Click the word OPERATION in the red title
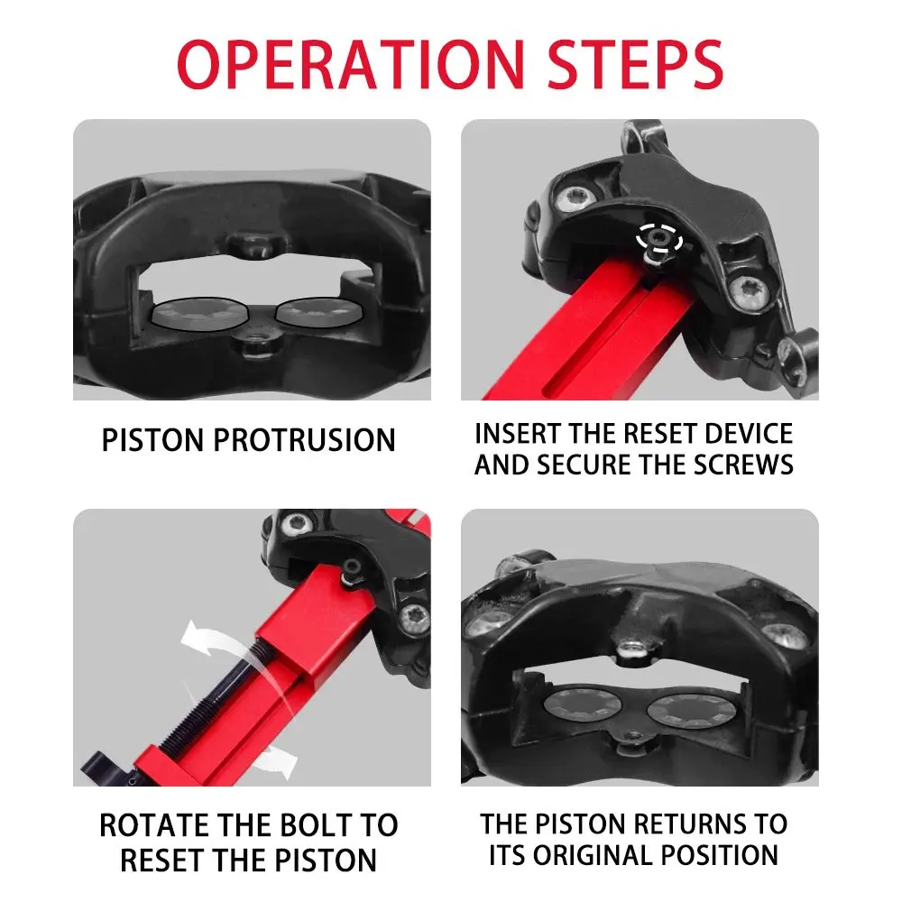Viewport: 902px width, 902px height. (351, 63)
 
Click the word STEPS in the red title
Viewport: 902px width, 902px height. (635, 63)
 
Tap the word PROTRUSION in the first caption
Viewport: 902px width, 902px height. (304, 440)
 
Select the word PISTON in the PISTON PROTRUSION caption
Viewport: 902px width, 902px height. (153, 440)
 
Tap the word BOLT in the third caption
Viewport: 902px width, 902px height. (313, 825)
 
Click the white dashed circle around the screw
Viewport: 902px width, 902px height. (659, 237)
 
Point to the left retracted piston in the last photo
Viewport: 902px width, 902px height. (582, 705)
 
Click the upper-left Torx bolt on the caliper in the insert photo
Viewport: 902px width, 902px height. (577, 199)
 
